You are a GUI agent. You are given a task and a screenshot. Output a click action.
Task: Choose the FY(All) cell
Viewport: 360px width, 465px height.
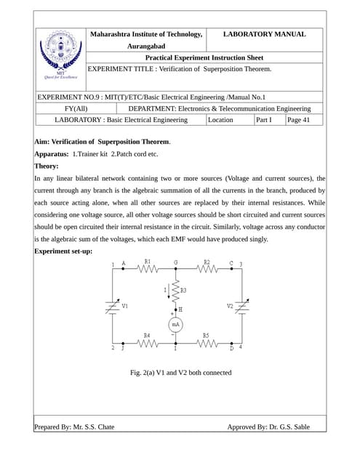(x=76, y=108)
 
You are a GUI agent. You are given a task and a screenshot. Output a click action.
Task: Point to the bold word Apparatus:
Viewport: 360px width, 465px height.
(x=52, y=154)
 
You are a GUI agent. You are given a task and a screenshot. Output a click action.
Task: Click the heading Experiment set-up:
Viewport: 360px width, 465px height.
(x=63, y=251)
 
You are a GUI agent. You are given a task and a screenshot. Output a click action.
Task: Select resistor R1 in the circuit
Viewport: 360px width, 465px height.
(x=148, y=268)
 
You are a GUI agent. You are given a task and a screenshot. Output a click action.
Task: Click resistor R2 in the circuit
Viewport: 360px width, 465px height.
(x=207, y=268)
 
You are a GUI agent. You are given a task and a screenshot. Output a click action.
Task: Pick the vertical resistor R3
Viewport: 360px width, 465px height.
(x=175, y=290)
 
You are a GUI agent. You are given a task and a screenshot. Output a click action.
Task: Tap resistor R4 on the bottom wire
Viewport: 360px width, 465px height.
(x=148, y=343)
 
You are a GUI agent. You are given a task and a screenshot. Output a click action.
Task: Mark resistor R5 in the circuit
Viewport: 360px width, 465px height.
(x=207, y=343)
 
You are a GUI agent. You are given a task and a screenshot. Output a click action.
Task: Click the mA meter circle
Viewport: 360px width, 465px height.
(x=175, y=325)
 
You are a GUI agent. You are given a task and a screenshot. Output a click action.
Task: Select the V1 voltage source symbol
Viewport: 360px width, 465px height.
(x=112, y=307)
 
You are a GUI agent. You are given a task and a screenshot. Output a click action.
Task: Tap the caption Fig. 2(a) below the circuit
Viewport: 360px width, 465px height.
(x=180, y=373)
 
